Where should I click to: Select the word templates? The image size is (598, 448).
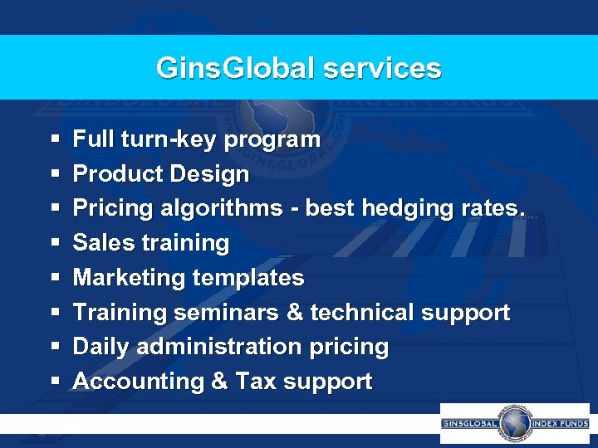248,278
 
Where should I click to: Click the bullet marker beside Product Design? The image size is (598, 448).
54,175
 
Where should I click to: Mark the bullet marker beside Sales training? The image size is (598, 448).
54,244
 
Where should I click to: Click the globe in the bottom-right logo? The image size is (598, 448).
515,423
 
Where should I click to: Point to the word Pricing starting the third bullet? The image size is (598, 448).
109,208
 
